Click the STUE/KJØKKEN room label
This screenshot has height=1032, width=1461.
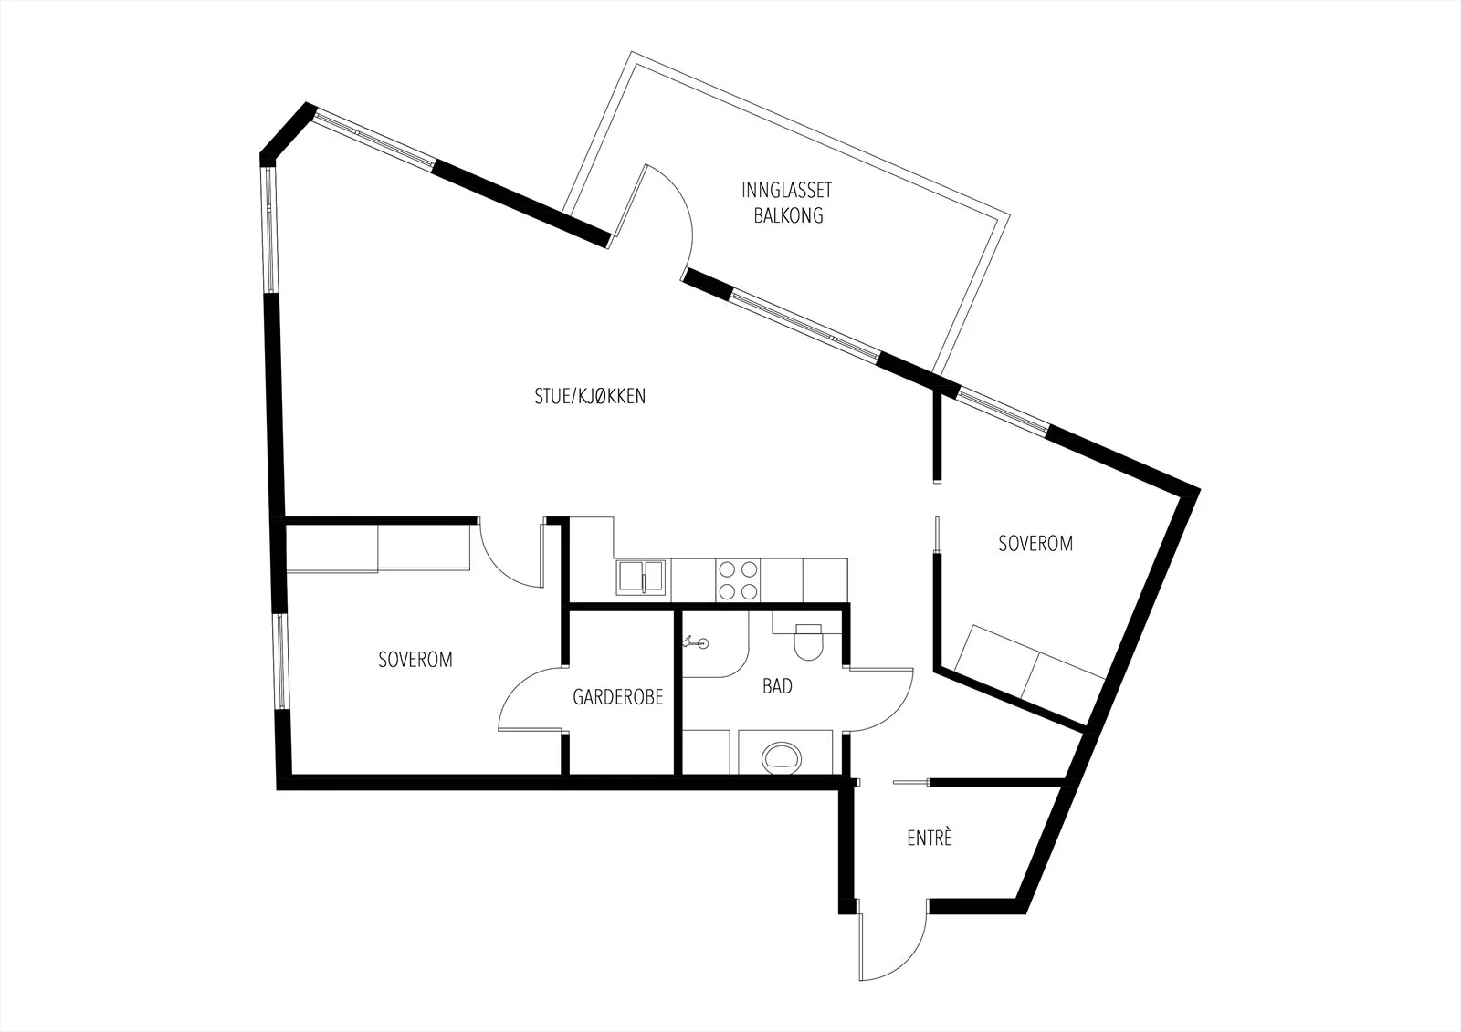[590, 396]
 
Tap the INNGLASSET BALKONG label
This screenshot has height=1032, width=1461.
[787, 203]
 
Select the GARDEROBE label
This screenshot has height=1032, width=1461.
[617, 697]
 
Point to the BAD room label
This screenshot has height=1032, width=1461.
[777, 686]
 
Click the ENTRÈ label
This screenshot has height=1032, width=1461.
[930, 838]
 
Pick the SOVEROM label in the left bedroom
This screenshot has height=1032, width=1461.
[415, 660]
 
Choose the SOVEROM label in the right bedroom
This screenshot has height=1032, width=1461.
[1035, 544]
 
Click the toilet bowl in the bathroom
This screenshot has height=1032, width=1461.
[809, 641]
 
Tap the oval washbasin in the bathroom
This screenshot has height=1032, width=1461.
[782, 756]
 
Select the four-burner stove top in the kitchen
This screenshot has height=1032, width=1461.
[738, 579]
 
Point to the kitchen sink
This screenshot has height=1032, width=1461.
[642, 578]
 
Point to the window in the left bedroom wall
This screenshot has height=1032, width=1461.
[282, 661]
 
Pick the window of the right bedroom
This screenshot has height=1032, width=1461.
[1004, 410]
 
